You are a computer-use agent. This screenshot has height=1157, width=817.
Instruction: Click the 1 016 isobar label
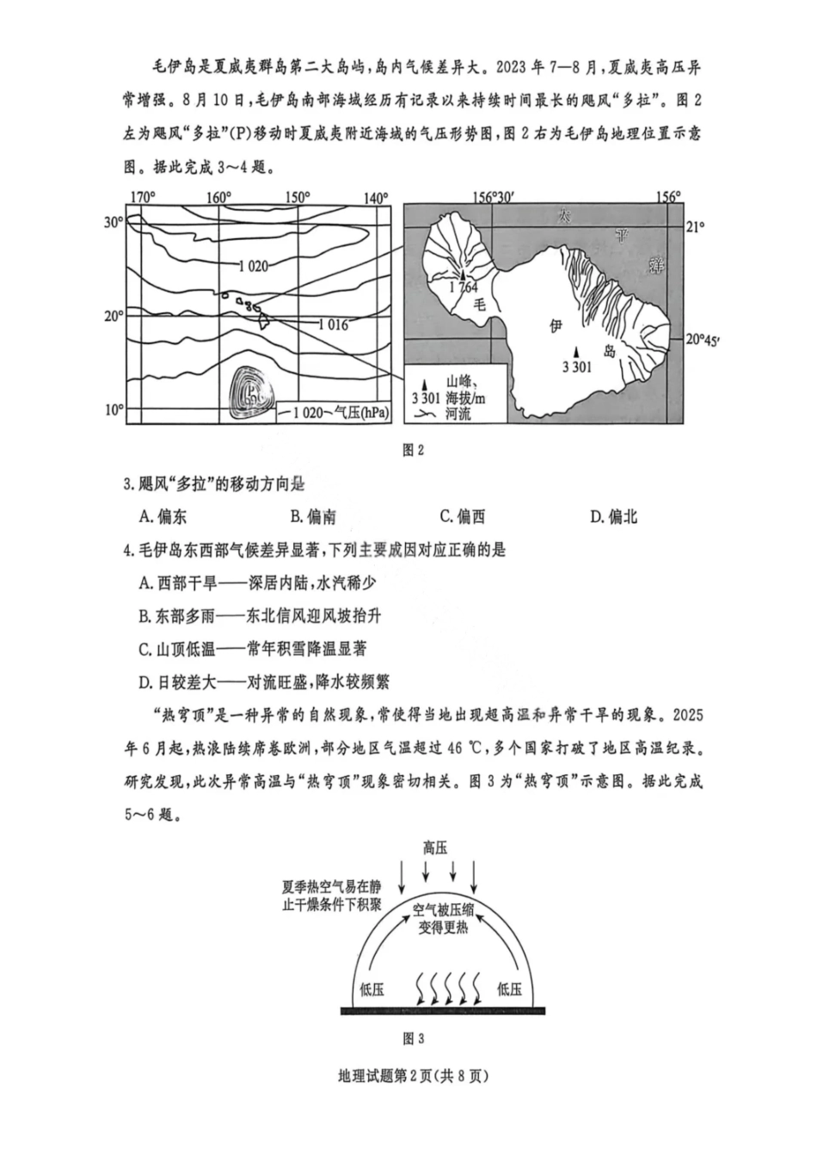point(333,325)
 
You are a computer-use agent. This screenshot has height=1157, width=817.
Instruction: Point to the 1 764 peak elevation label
point(463,287)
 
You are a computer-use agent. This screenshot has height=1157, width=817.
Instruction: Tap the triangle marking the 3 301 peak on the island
point(578,352)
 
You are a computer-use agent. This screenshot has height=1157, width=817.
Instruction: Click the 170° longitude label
point(142,198)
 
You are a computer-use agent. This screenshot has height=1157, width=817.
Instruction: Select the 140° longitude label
point(375,198)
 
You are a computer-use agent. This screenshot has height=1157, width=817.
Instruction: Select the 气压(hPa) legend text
point(361,413)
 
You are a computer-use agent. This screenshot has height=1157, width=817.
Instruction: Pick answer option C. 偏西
point(463,516)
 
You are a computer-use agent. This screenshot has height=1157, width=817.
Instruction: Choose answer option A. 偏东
point(163,516)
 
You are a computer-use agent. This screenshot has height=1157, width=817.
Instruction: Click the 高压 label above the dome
point(435,847)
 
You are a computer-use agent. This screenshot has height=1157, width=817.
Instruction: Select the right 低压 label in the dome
point(509,989)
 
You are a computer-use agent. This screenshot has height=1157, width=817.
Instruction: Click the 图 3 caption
point(414,1038)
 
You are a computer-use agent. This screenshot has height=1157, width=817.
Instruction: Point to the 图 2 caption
point(414,449)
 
